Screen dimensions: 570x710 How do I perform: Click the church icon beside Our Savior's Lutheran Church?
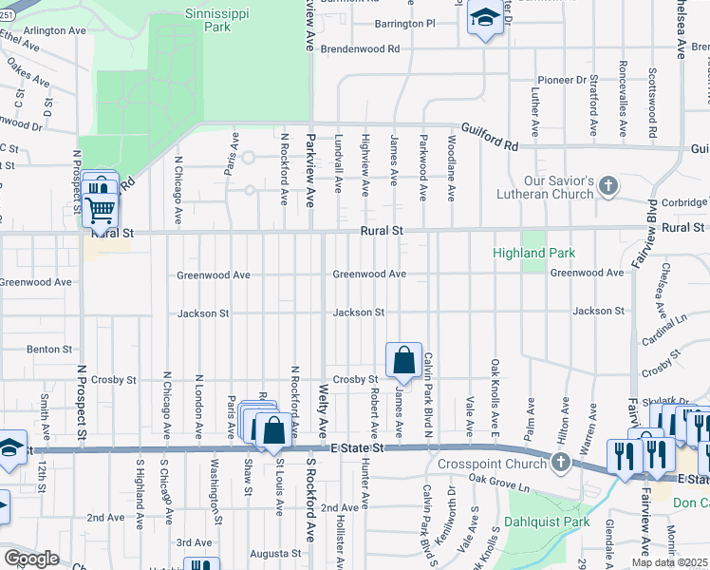tap(610, 187)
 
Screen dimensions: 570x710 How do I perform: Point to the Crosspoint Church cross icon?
tap(560, 463)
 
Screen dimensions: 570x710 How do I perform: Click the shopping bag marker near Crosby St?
tap(403, 360)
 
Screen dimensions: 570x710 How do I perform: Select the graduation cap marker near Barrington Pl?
tap(485, 19)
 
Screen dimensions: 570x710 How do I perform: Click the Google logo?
tap(30, 559)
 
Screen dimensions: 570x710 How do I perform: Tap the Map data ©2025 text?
tap(669, 562)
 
